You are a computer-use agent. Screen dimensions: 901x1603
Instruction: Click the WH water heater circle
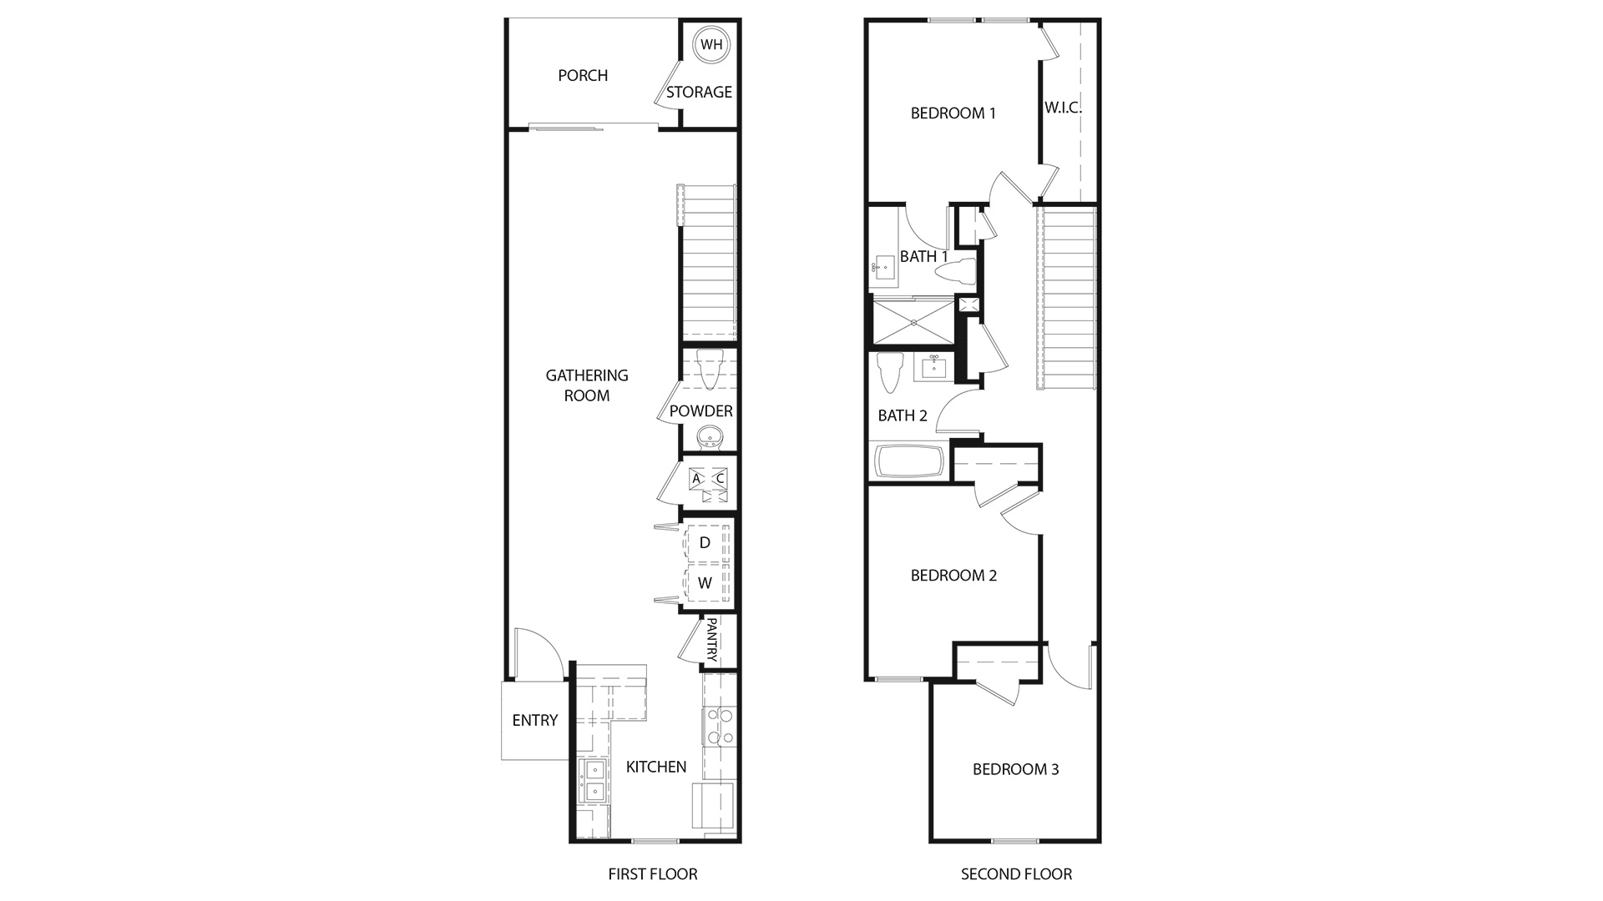tap(711, 45)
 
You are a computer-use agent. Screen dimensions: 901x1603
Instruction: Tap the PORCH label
tap(583, 76)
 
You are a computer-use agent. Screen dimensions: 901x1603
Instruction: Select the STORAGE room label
tap(699, 93)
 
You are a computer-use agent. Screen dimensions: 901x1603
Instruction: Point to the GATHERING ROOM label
tap(587, 385)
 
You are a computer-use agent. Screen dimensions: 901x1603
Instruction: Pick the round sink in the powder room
tap(710, 436)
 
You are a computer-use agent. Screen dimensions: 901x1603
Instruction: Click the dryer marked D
tap(705, 543)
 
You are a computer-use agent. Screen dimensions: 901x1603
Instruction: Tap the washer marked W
tap(705, 583)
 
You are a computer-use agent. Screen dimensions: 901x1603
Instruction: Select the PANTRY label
tap(712, 640)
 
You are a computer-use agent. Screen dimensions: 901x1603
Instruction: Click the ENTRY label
tap(535, 721)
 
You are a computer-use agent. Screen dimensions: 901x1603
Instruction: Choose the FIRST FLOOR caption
tap(653, 874)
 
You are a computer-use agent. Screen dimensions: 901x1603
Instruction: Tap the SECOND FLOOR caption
tap(1016, 874)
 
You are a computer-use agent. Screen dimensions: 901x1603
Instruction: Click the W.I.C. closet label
tap(1063, 108)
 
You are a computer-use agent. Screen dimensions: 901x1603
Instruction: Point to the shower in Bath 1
tap(913, 321)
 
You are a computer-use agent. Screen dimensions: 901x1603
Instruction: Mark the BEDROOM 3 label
tap(1015, 769)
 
